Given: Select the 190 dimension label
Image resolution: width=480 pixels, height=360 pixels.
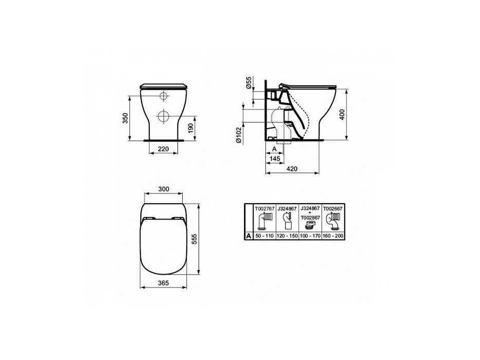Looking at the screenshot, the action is (191, 128).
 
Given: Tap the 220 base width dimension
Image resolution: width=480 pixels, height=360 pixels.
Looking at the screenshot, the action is (163, 149).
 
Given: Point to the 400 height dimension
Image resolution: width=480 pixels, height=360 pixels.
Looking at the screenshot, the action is (342, 115).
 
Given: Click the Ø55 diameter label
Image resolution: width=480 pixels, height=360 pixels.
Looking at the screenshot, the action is (249, 83).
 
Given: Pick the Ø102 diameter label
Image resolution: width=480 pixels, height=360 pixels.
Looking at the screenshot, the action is (239, 135).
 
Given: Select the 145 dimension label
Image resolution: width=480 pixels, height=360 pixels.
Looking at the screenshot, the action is (275, 158).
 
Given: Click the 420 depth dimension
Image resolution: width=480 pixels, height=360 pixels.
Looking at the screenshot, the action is (292, 169).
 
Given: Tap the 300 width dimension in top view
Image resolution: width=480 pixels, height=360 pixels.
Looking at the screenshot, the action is (164, 189).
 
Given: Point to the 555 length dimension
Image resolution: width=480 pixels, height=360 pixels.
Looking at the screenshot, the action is (193, 239).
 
